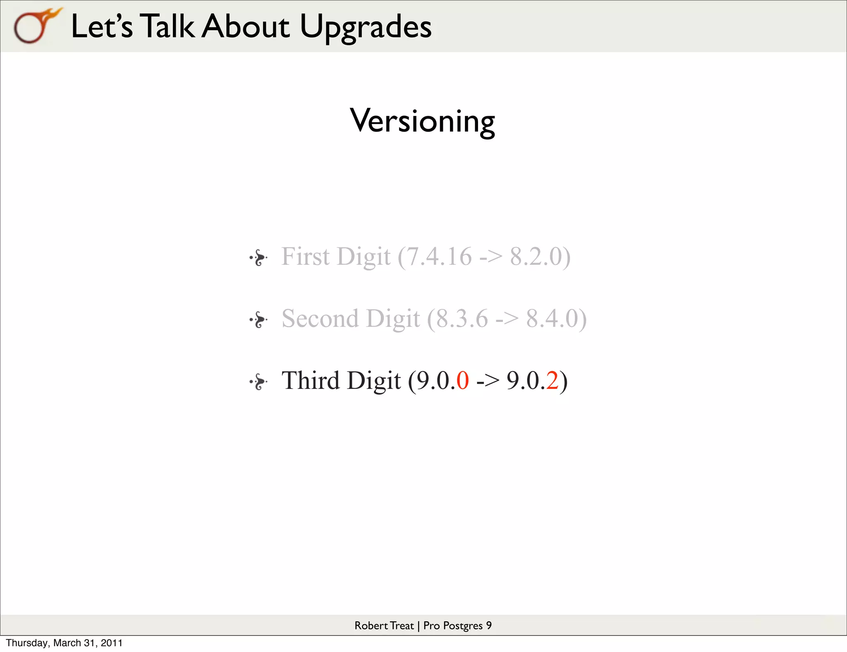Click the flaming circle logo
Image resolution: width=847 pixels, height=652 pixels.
click(35, 26)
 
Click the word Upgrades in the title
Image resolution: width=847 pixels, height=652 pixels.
click(366, 27)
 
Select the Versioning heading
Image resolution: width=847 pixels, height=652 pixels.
click(422, 121)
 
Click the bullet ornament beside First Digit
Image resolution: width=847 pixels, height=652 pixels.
click(258, 257)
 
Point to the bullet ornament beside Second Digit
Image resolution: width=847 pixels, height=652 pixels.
click(258, 319)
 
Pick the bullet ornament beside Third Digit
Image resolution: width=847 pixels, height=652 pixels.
click(258, 381)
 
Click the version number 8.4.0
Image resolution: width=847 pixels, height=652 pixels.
click(553, 319)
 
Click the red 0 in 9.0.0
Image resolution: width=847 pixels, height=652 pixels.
click(463, 381)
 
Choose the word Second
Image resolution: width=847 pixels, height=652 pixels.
click(320, 319)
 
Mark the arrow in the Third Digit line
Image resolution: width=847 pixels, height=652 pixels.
click(488, 381)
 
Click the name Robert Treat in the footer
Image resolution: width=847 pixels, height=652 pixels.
click(384, 626)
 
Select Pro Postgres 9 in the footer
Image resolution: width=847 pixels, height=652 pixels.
click(457, 626)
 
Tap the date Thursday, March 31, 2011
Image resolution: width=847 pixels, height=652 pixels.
click(64, 643)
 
